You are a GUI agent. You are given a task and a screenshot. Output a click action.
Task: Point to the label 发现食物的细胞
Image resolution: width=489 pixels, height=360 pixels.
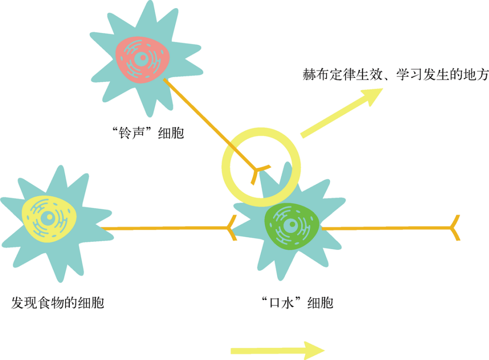[x=58, y=302]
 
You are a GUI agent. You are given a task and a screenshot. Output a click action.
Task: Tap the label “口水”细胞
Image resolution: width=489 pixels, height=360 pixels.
[x=297, y=302]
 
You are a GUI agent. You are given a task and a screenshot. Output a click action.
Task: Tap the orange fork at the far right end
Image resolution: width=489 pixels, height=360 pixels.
[x=455, y=228]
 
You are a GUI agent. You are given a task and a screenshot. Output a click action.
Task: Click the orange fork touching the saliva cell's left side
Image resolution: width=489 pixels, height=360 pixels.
[x=232, y=228]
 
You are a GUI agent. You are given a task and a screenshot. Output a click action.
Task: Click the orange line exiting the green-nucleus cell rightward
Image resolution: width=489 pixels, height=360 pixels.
[x=385, y=228]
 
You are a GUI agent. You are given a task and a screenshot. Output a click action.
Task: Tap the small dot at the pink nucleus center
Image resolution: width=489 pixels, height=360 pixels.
[x=142, y=58]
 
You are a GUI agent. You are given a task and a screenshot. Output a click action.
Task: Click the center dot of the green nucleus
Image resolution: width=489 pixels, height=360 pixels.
[x=290, y=226]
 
